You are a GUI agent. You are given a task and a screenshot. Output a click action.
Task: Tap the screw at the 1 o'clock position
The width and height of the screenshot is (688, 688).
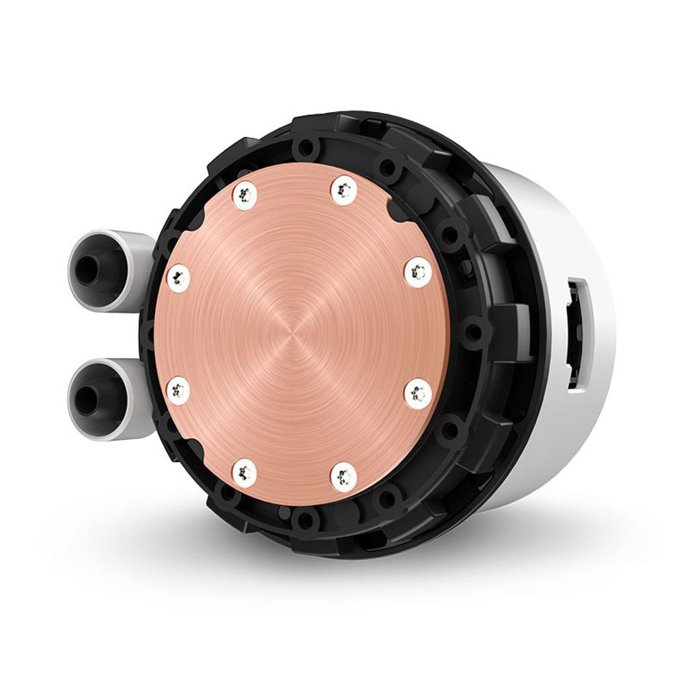[x=343, y=190]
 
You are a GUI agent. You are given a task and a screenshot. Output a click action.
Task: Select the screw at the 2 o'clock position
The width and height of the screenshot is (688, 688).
[x=418, y=272]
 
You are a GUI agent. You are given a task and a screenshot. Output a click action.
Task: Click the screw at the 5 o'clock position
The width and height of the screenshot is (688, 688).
[x=343, y=476]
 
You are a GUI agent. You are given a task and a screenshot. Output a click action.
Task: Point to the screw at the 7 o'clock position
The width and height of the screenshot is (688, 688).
[x=244, y=473]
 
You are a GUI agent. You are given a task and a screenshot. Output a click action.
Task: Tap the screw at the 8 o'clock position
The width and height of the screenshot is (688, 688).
[x=178, y=390]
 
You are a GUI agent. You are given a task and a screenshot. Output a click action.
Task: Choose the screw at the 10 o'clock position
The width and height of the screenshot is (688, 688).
[x=178, y=277]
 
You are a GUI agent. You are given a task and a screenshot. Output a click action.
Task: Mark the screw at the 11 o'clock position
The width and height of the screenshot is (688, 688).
[x=244, y=194]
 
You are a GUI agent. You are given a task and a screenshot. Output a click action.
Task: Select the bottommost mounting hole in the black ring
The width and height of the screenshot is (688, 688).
[x=306, y=519]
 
